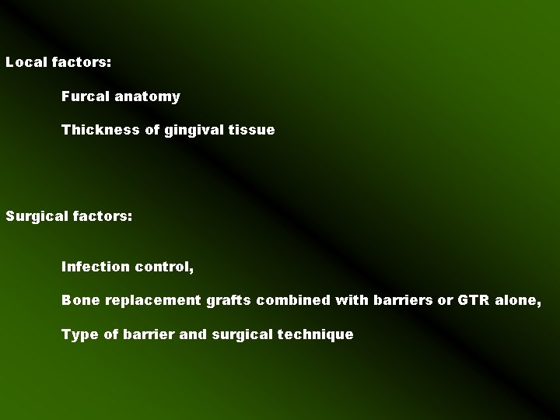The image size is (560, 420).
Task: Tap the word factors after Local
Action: pos(82,61)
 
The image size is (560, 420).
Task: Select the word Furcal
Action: pos(85,97)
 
